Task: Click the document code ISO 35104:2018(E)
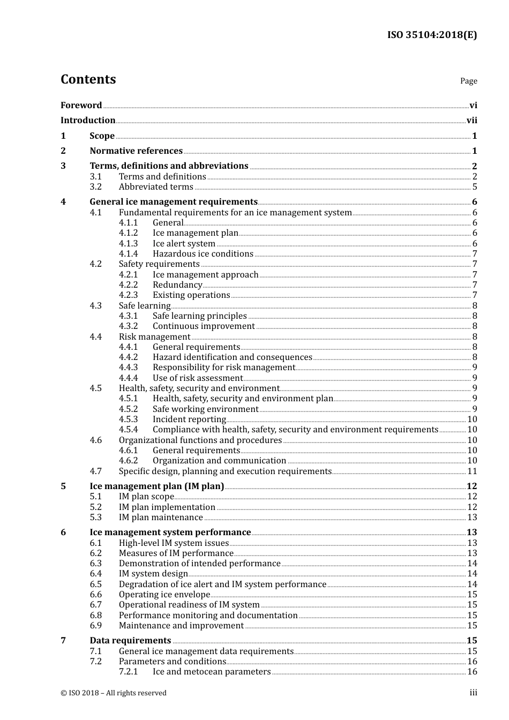pyautogui.click(x=432, y=35)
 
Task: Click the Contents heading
pyautogui.click(x=88, y=79)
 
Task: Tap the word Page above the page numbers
pyautogui.click(x=468, y=81)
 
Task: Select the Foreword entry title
pyautogui.click(x=81, y=105)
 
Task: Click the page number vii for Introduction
pyautogui.click(x=471, y=121)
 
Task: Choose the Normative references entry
pyautogui.click(x=136, y=151)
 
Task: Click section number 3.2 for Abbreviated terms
pyautogui.click(x=96, y=187)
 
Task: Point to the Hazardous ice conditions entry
pyautogui.click(x=203, y=254)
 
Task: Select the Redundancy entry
pyautogui.click(x=177, y=285)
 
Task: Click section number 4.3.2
pyautogui.click(x=128, y=326)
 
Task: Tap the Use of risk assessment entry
pyautogui.click(x=197, y=378)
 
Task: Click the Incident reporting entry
pyautogui.click(x=189, y=419)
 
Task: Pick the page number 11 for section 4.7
pyautogui.click(x=472, y=471)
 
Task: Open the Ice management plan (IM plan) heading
pyautogui.click(x=156, y=486)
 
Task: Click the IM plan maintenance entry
pyautogui.click(x=161, y=517)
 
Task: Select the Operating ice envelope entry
pyautogui.click(x=164, y=595)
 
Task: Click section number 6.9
pyautogui.click(x=96, y=626)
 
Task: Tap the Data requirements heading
pyautogui.click(x=130, y=641)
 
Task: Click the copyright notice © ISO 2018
pyautogui.click(x=114, y=693)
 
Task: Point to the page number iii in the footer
pyautogui.click(x=473, y=693)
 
